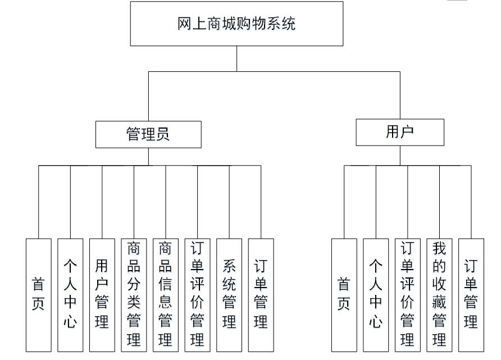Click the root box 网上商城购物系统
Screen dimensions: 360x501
236,24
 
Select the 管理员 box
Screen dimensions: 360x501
148,134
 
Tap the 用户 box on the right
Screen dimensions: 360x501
400,132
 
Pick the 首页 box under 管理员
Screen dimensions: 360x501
38,295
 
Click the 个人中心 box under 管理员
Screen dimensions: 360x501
70,295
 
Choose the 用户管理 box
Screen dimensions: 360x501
102,295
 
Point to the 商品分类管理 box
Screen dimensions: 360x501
134,295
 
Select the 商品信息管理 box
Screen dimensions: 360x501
166,295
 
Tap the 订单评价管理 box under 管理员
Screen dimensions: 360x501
197,295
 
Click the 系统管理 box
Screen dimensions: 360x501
229,295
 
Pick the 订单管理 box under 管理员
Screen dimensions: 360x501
261,295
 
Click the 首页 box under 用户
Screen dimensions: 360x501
344,295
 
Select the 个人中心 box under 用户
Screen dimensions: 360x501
376,295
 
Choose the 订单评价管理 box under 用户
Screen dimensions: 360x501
408,295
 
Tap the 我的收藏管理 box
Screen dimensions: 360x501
439,295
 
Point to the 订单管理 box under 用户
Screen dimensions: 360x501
471,295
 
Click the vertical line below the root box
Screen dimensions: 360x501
236,58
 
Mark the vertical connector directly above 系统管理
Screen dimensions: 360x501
229,202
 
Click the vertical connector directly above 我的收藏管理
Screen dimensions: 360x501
439,202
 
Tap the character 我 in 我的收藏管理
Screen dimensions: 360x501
439,249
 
